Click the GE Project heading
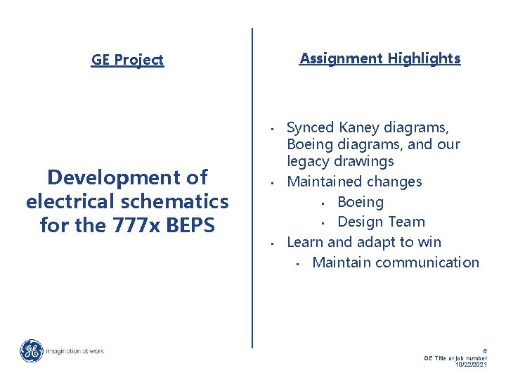(x=127, y=60)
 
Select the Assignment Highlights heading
(x=379, y=58)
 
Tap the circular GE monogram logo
(x=31, y=350)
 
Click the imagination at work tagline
(x=75, y=350)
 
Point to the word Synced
(x=311, y=128)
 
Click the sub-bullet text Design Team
(x=381, y=222)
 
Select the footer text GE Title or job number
(x=455, y=357)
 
